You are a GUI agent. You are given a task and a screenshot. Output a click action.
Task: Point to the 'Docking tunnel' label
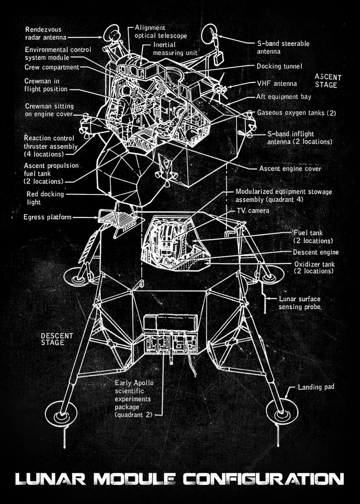tap(279, 66)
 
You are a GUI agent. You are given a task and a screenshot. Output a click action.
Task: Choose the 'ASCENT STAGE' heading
tap(328, 81)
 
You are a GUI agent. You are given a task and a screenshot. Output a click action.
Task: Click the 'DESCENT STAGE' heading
tap(57, 339)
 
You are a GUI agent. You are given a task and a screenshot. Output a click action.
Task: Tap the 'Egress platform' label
tap(47, 217)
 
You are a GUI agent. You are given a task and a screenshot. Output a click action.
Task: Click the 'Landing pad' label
tap(316, 387)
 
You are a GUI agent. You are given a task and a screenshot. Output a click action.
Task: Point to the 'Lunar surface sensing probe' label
tap(300, 303)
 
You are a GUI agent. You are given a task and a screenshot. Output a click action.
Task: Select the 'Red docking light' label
tap(45, 198)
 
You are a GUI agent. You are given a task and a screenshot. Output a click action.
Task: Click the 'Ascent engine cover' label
tap(290, 169)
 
